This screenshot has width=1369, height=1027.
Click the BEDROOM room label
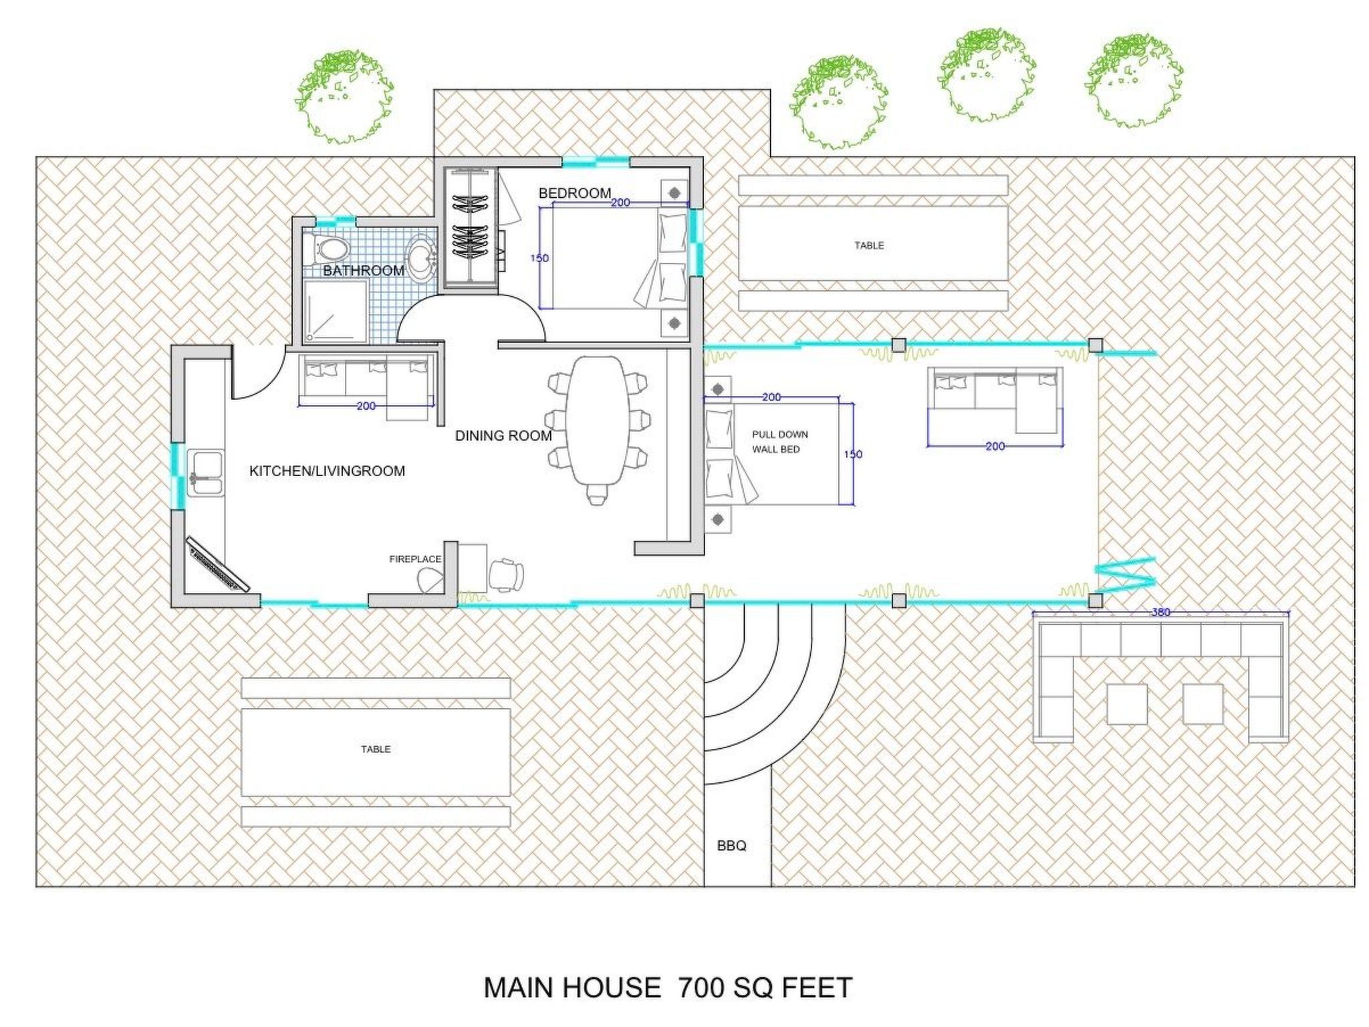(x=575, y=193)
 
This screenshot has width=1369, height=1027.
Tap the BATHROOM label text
(x=364, y=271)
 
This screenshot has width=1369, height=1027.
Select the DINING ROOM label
(x=503, y=436)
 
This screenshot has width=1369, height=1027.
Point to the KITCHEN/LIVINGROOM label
(x=327, y=471)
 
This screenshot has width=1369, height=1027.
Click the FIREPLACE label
(x=415, y=559)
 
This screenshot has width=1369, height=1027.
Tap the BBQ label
(x=731, y=846)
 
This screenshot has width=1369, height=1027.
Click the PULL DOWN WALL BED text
(x=779, y=442)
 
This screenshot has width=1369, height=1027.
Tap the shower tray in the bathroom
(x=336, y=312)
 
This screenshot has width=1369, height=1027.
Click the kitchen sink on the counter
(x=206, y=474)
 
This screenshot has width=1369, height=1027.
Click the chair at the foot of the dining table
(x=597, y=495)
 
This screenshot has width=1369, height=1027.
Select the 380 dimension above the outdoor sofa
(x=1161, y=612)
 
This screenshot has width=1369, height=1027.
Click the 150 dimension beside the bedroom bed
(x=539, y=258)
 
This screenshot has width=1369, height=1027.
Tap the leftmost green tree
(x=344, y=97)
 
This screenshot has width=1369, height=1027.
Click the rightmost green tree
(x=1134, y=81)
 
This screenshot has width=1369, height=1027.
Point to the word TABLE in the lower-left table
(x=376, y=750)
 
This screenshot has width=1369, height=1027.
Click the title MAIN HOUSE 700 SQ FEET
(x=668, y=988)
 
